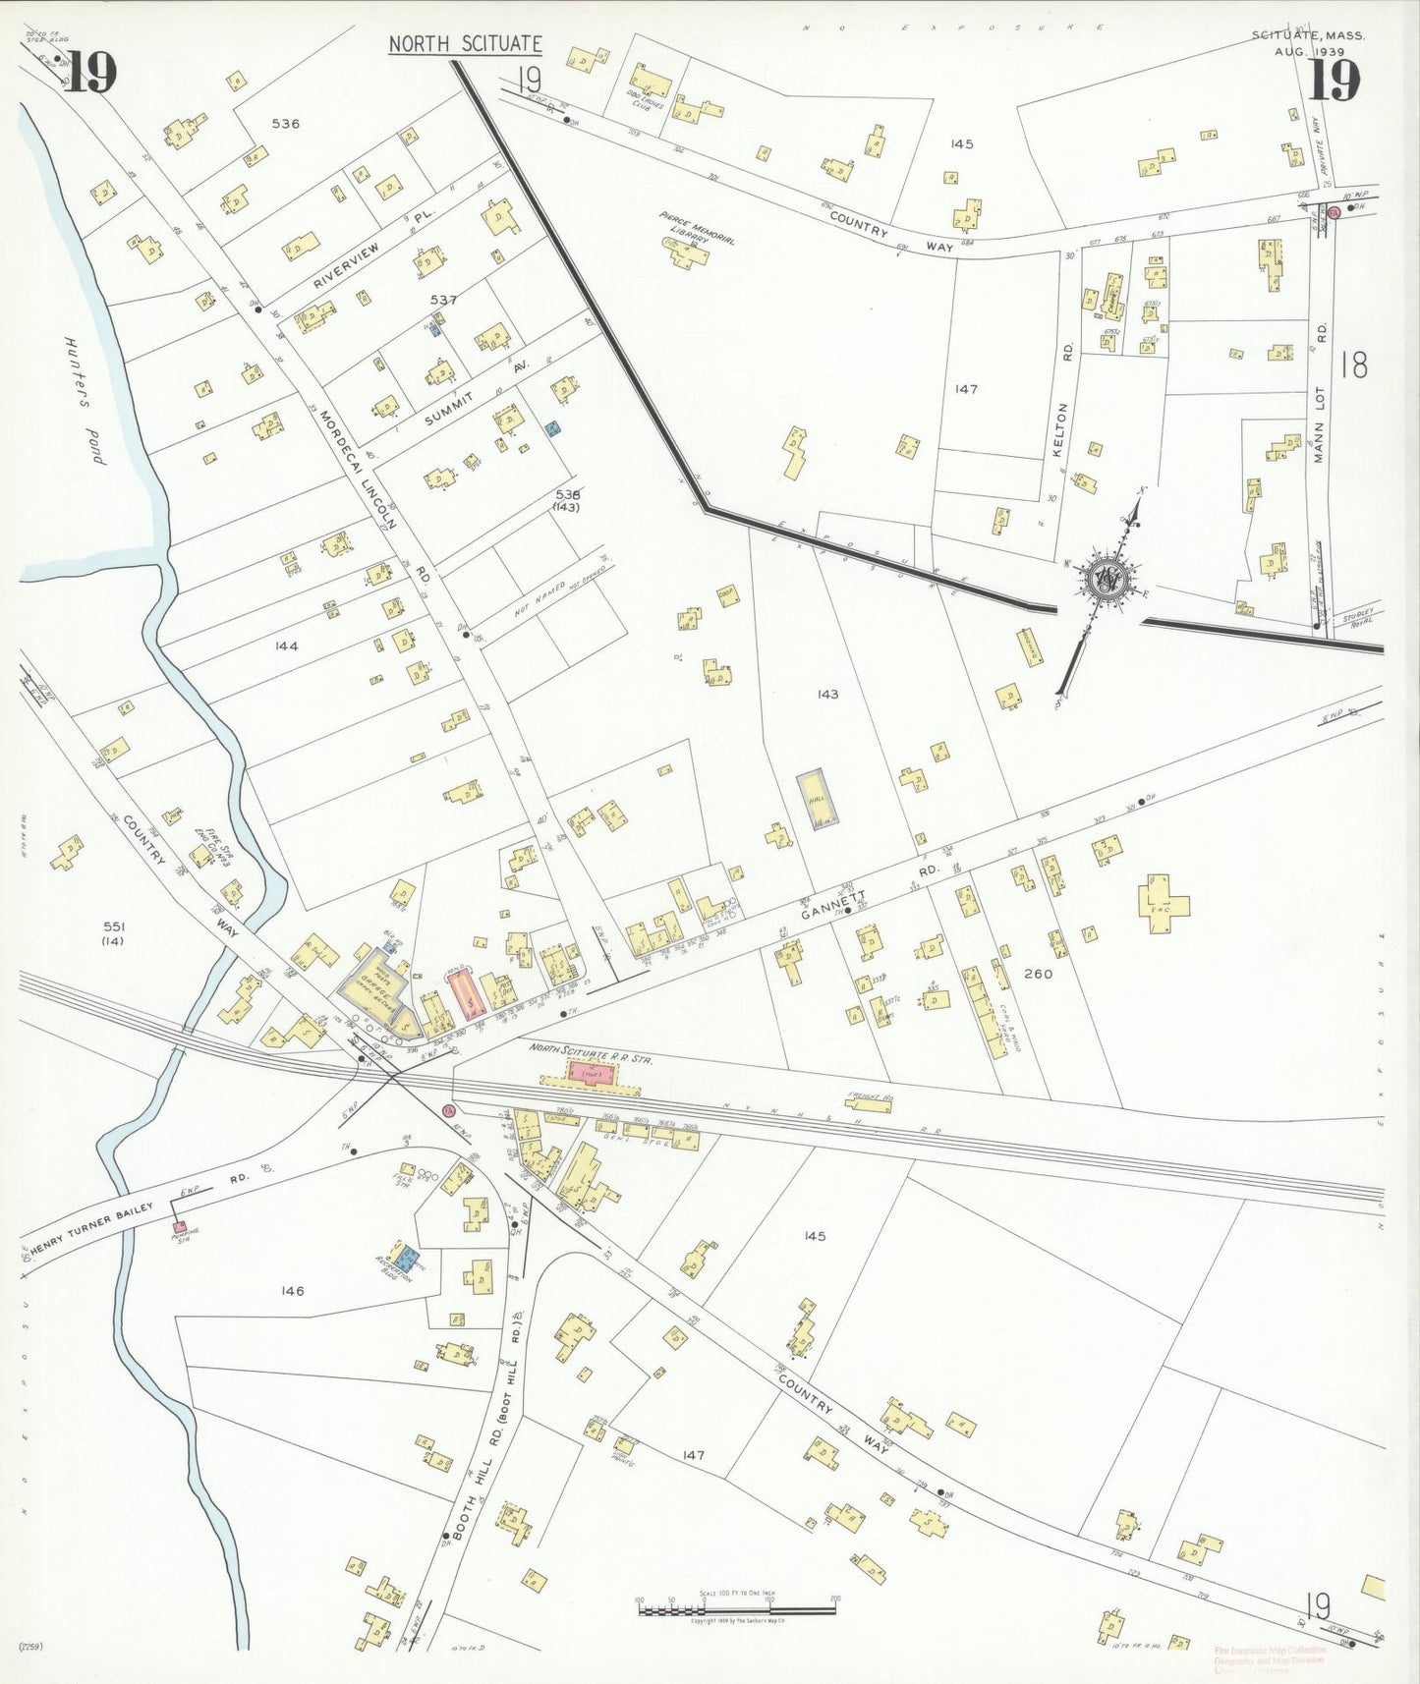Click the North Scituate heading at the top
click(x=465, y=44)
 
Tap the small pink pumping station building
click(x=180, y=1226)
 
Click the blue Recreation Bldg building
click(x=404, y=1255)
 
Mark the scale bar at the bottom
click(x=737, y=1610)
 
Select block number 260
click(x=1038, y=974)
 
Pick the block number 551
click(x=115, y=926)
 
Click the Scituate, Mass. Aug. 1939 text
click(x=1300, y=43)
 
